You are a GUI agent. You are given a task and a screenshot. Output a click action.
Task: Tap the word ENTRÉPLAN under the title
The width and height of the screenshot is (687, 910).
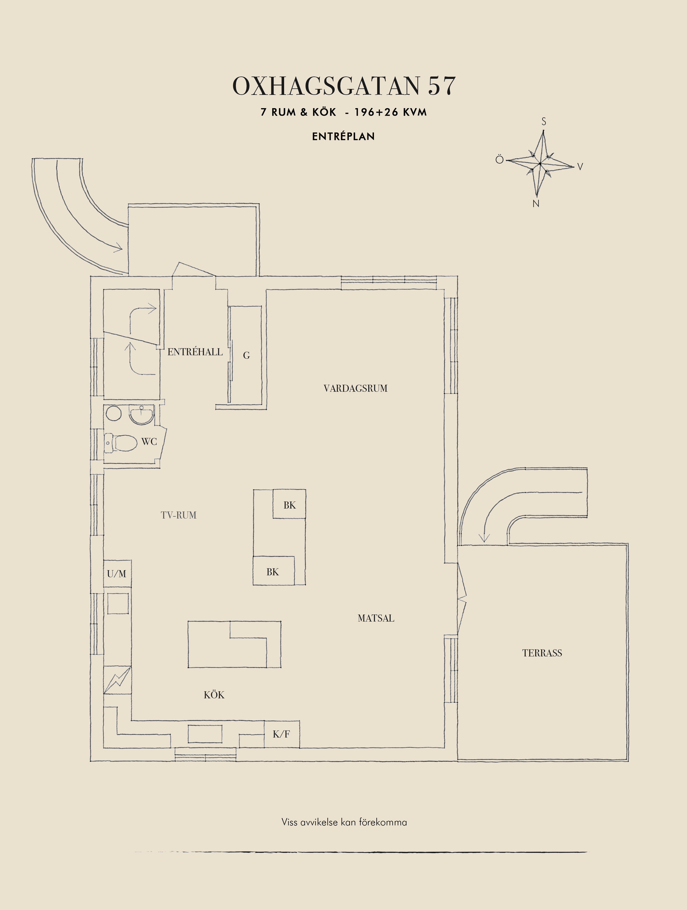pos(343,137)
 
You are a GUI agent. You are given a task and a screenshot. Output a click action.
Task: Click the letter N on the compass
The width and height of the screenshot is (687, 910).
pos(535,204)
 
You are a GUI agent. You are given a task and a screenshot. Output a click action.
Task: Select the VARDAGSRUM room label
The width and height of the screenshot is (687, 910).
pos(355,388)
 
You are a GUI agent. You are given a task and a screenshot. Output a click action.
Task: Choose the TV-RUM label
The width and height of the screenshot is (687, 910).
pos(179,515)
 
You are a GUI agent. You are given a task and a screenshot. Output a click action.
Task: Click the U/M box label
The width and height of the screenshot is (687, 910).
pos(117,573)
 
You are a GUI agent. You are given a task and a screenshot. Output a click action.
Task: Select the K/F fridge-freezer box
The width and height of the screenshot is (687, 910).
pos(282,734)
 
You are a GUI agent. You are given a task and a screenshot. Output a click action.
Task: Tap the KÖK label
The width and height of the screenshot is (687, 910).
pos(214,695)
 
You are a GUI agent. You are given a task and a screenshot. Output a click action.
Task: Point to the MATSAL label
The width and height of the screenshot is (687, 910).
pos(376,618)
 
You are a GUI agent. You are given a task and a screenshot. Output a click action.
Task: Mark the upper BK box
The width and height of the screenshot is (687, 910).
pos(289,504)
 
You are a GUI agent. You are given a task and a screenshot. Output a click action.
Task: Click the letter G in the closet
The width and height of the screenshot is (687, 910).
pos(246,356)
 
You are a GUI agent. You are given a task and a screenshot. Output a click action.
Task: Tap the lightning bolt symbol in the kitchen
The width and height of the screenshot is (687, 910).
pos(118,680)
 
